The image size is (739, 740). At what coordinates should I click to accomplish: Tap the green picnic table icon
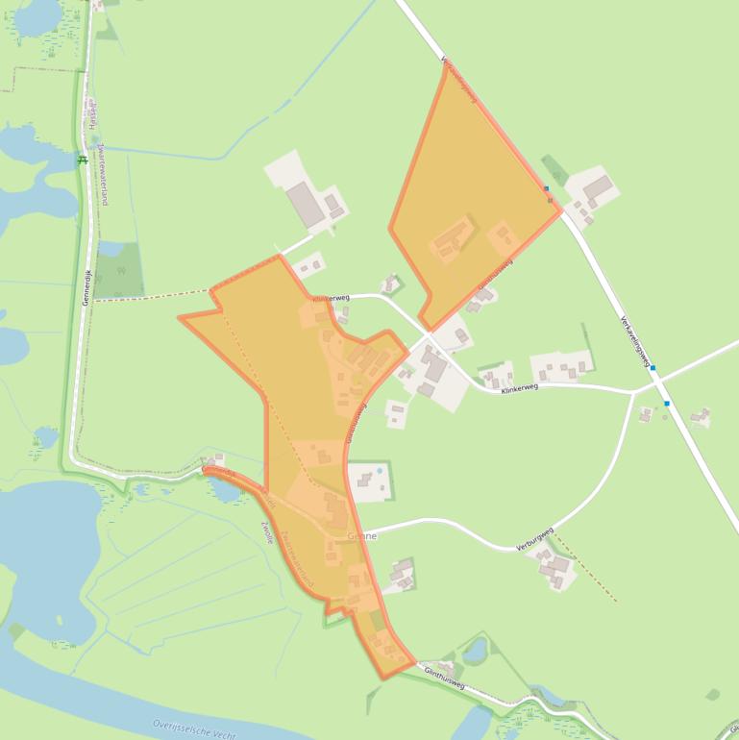84,160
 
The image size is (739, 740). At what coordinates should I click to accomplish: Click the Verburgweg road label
534,538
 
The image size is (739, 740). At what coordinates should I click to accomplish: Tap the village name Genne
363,535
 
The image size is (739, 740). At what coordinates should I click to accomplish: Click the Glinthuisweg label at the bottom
444,678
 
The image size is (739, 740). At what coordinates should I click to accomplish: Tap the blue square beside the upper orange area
546,189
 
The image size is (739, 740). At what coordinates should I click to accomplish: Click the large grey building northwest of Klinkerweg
306,204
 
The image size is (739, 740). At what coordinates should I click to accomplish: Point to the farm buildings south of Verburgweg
554,568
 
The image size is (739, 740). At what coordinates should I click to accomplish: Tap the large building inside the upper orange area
452,239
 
